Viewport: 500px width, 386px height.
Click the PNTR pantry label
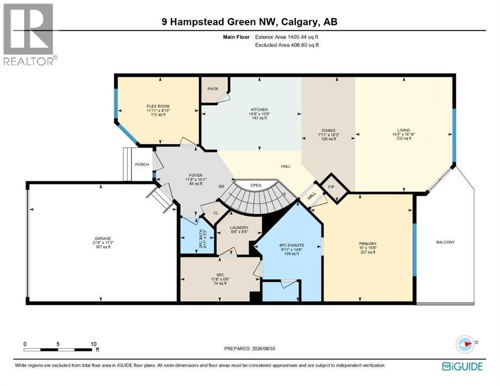(x=213, y=89)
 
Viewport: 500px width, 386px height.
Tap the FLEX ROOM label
(x=158, y=106)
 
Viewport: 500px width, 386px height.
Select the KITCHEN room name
(x=259, y=110)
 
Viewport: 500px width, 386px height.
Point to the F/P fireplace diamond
(x=331, y=187)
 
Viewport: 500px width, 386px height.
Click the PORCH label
(x=142, y=164)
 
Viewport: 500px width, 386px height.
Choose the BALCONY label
(x=445, y=242)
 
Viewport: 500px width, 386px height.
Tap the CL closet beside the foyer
(x=216, y=213)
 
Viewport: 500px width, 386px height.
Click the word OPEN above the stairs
(x=256, y=185)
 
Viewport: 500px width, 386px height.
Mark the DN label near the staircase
(x=221, y=186)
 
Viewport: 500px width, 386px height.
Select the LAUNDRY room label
(x=239, y=228)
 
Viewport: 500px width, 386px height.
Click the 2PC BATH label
(x=201, y=238)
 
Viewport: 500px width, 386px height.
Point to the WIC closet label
(x=220, y=275)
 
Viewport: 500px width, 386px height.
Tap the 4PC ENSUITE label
(x=292, y=245)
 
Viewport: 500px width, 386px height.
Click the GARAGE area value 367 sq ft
(x=103, y=247)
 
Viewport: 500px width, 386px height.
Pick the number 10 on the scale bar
(x=93, y=344)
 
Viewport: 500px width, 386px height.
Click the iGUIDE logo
(x=462, y=366)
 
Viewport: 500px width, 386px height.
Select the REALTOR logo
(x=29, y=34)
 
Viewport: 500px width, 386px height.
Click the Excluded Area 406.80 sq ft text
(x=287, y=45)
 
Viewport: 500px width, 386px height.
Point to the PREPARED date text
(x=249, y=349)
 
